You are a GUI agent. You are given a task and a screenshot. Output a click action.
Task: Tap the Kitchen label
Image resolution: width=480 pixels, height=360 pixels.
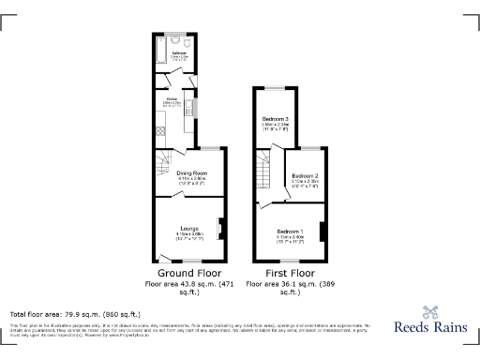point(173,101)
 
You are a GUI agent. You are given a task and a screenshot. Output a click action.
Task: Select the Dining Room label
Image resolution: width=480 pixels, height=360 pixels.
point(191,174)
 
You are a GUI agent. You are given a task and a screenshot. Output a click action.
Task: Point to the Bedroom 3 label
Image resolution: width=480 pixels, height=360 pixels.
point(275,119)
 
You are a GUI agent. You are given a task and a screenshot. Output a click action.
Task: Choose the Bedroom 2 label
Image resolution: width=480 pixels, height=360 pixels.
point(305,176)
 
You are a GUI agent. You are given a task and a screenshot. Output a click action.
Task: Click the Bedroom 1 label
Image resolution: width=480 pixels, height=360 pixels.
point(290,232)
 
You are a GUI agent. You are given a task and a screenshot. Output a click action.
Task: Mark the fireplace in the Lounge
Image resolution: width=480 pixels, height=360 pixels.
point(219,229)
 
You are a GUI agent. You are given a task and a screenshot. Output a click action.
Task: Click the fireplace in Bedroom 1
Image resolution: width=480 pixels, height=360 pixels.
point(322,232)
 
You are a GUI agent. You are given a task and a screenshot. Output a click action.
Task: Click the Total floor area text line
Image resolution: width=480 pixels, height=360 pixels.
point(75,314)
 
